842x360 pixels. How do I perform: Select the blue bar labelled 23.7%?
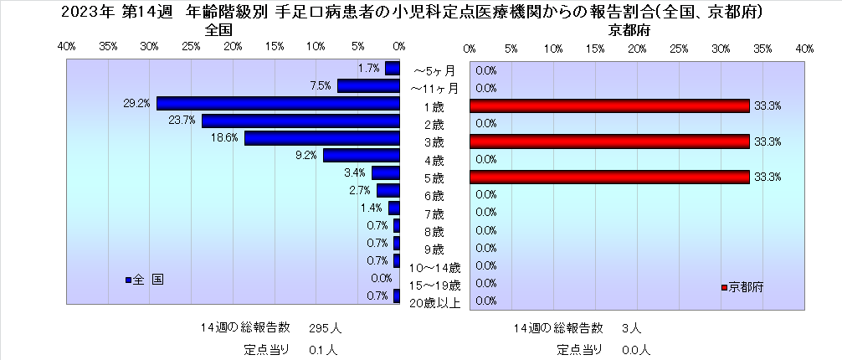pyautogui.click(x=300, y=121)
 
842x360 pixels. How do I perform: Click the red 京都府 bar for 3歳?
pyautogui.click(x=608, y=141)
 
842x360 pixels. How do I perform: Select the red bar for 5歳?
pyautogui.click(x=608, y=177)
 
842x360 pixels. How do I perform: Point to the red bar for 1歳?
pyautogui.click(x=608, y=105)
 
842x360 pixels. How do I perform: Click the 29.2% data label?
pyautogui.click(x=136, y=104)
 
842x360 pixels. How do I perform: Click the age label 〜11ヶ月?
pyautogui.click(x=434, y=88)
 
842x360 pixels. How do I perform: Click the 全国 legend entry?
pyautogui.click(x=146, y=280)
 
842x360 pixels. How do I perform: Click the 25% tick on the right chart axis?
pyautogui.click(x=679, y=49)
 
